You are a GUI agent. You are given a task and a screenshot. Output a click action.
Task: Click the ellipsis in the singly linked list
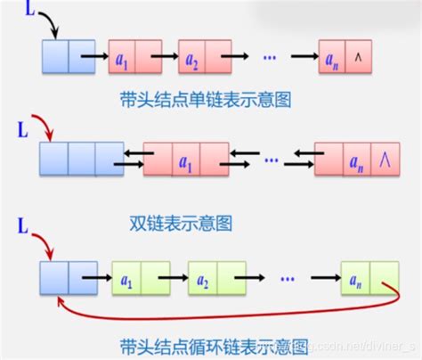270,55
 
